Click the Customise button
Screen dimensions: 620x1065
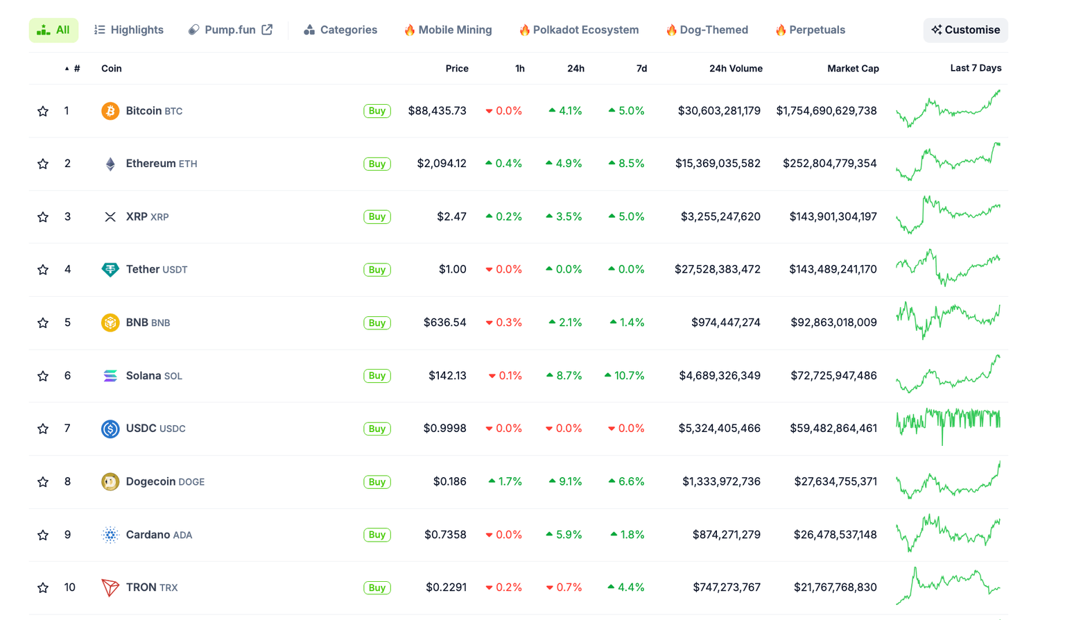[x=965, y=30]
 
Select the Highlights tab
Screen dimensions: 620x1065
[x=129, y=30]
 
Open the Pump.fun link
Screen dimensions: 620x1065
[x=230, y=30]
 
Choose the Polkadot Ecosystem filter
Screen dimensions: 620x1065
[x=579, y=30]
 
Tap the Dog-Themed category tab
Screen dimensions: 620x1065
[x=707, y=30]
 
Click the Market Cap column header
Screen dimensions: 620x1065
[x=852, y=69]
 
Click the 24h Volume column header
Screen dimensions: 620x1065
[x=735, y=69]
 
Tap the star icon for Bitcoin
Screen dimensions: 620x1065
[x=43, y=111]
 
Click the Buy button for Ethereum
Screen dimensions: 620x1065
[x=376, y=164]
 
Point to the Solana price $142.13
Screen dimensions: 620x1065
[x=447, y=375]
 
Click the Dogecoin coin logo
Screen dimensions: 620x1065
[x=110, y=481]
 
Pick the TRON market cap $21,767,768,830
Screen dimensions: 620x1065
[x=835, y=587]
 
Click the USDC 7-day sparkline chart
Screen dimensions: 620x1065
[x=948, y=424]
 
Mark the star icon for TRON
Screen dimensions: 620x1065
[x=43, y=588]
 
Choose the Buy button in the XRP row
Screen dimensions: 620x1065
[x=376, y=217]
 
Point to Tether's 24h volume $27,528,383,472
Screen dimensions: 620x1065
[x=717, y=269]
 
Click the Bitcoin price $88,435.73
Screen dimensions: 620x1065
[x=437, y=111]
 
